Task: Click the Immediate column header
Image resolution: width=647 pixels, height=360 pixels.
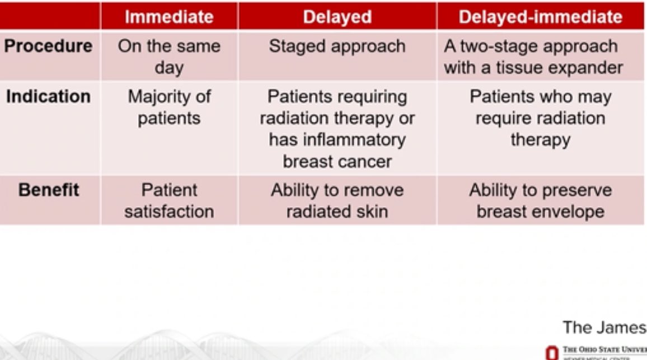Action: point(168,17)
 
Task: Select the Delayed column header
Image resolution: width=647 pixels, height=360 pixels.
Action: point(337,17)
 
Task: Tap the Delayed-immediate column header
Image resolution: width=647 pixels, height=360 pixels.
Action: point(540,17)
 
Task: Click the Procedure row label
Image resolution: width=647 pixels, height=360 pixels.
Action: point(48,46)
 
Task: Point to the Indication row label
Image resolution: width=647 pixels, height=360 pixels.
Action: point(48,96)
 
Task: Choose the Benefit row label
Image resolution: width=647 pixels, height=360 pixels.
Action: point(49,190)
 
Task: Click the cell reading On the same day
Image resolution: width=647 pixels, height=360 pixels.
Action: point(168,57)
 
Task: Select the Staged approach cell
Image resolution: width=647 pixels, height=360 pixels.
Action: point(337,46)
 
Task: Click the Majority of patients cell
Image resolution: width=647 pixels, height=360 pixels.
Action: point(169,107)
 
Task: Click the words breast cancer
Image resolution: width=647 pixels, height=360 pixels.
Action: point(337,162)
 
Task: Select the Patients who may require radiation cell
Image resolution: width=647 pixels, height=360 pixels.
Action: point(540,118)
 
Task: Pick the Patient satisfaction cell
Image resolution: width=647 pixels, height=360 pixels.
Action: point(169,200)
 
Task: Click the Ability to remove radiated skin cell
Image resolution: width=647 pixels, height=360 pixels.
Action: point(337,200)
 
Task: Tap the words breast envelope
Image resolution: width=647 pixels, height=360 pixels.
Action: point(540,212)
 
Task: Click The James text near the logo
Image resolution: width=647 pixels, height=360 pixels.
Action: point(603,326)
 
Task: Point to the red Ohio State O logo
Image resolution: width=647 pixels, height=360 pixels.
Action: point(551,353)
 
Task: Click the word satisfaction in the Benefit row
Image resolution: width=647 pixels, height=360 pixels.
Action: point(169,212)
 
